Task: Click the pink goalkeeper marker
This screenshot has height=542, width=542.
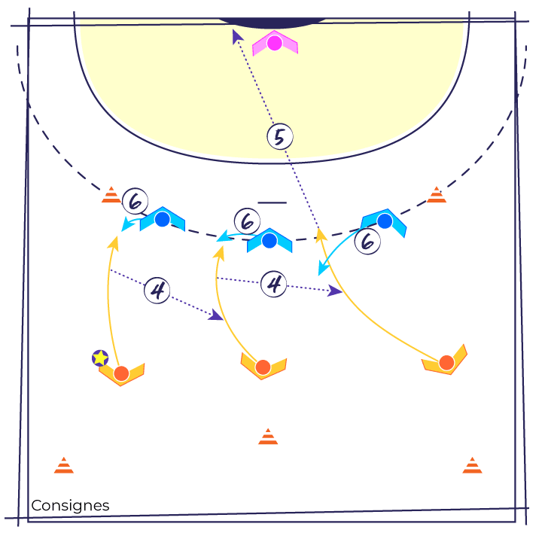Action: point(275,44)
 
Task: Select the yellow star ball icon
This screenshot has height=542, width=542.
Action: point(100,358)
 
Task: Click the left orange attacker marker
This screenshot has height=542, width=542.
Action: point(121,373)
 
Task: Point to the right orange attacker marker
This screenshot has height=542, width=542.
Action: point(446,363)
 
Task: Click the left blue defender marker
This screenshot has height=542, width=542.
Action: point(162,220)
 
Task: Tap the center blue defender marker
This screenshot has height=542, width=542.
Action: point(269,241)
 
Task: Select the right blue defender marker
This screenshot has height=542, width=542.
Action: point(385,221)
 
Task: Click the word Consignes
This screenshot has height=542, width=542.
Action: point(70,506)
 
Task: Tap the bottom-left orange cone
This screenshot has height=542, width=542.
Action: point(64,465)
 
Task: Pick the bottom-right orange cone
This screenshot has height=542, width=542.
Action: point(472,465)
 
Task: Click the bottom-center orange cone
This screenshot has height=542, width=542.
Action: point(268,437)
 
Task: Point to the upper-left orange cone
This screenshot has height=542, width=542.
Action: point(111,195)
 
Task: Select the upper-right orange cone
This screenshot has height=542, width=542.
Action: point(437,195)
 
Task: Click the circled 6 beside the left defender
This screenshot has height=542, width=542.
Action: point(135,200)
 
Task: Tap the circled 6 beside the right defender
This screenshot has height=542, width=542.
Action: point(367,242)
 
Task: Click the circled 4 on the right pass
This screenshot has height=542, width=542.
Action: point(275,285)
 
